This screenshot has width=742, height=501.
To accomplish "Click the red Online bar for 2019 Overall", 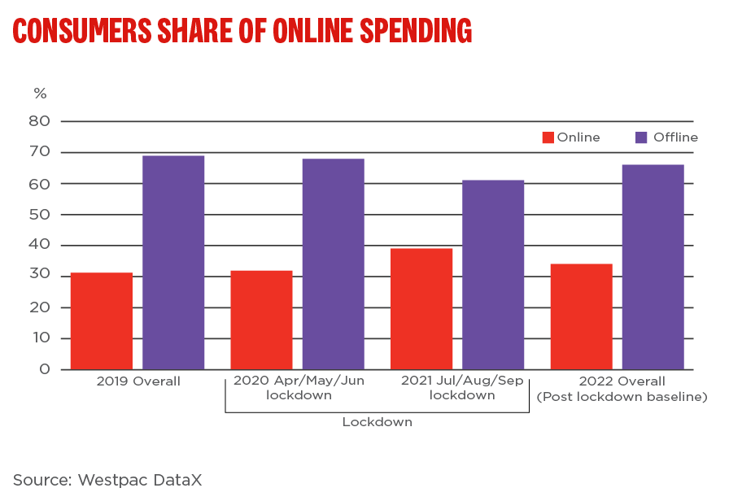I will coord(101,320).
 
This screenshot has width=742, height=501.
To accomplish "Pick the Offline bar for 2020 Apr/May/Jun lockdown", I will coord(334,264).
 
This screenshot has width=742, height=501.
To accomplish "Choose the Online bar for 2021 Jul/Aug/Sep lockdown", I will coord(421,308).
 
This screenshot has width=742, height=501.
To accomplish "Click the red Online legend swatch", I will coord(548,137).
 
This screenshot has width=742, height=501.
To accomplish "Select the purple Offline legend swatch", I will coord(641,137).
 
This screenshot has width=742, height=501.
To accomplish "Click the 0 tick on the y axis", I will coord(44,369).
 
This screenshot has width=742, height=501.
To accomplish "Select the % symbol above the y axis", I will coord(40,93).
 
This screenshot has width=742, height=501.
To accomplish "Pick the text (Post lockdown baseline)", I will coord(622,396).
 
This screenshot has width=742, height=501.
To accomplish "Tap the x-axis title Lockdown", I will coord(377,422).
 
